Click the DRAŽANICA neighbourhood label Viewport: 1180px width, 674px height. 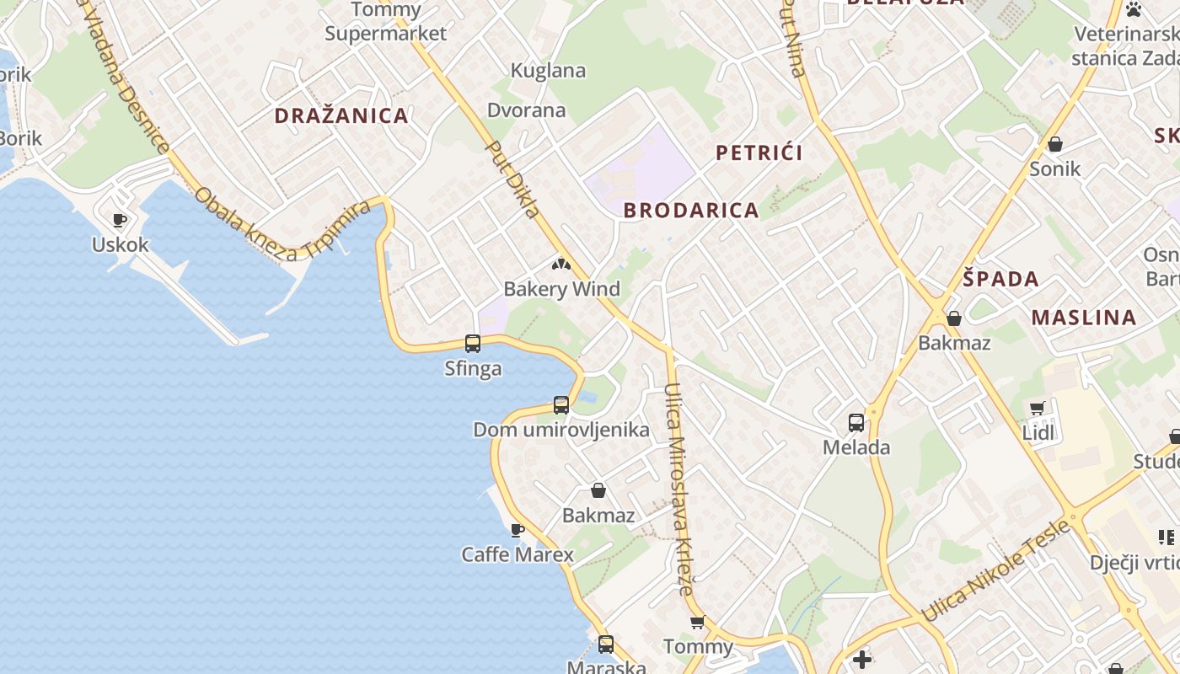[x=341, y=116]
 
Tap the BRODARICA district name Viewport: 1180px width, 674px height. [x=691, y=211]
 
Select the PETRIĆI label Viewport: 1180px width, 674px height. [x=759, y=152]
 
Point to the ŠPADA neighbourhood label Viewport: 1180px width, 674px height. [x=1000, y=280]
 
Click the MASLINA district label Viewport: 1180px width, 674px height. [x=1084, y=318]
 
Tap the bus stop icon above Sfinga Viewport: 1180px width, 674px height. [x=473, y=344]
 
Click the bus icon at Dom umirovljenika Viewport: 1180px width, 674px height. [x=561, y=405]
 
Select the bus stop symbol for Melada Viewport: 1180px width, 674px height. [x=856, y=422]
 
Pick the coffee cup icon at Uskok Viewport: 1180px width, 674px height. [x=120, y=221]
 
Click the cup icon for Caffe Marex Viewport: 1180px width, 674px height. [x=518, y=530]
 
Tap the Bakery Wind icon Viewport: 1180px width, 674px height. [x=561, y=265]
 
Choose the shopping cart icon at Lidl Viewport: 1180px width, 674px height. [x=1038, y=409]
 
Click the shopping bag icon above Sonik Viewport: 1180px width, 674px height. [x=1054, y=144]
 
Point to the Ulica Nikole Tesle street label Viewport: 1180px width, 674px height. [x=996, y=571]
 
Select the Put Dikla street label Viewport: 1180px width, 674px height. [x=513, y=179]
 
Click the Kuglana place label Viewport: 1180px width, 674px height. [x=549, y=71]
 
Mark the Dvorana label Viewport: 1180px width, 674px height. [x=527, y=110]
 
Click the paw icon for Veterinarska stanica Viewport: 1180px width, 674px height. [x=1134, y=10]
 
